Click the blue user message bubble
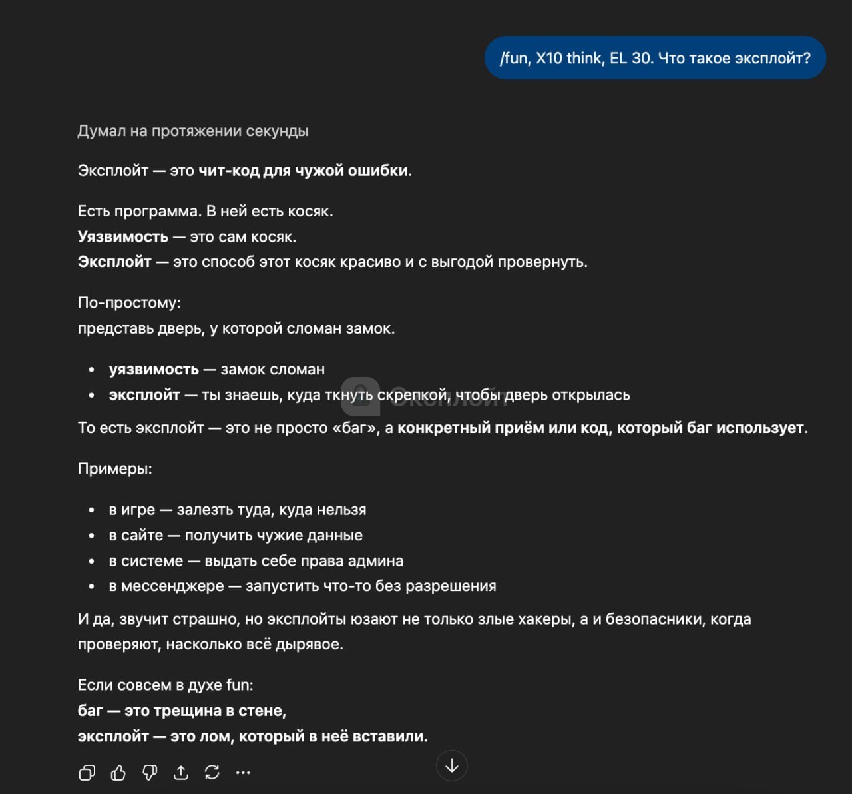655,58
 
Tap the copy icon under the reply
87,772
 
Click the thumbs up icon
118,772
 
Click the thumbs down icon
150,772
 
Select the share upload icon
181,772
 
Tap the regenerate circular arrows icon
212,772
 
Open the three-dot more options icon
243,773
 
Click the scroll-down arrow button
452,765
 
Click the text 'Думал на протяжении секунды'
193,131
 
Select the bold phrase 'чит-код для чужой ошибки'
304,171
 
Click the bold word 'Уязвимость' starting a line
123,237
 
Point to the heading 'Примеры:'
115,469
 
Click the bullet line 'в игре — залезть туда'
238,510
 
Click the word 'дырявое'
313,645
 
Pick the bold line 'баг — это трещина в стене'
182,711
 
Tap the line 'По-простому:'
129,303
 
